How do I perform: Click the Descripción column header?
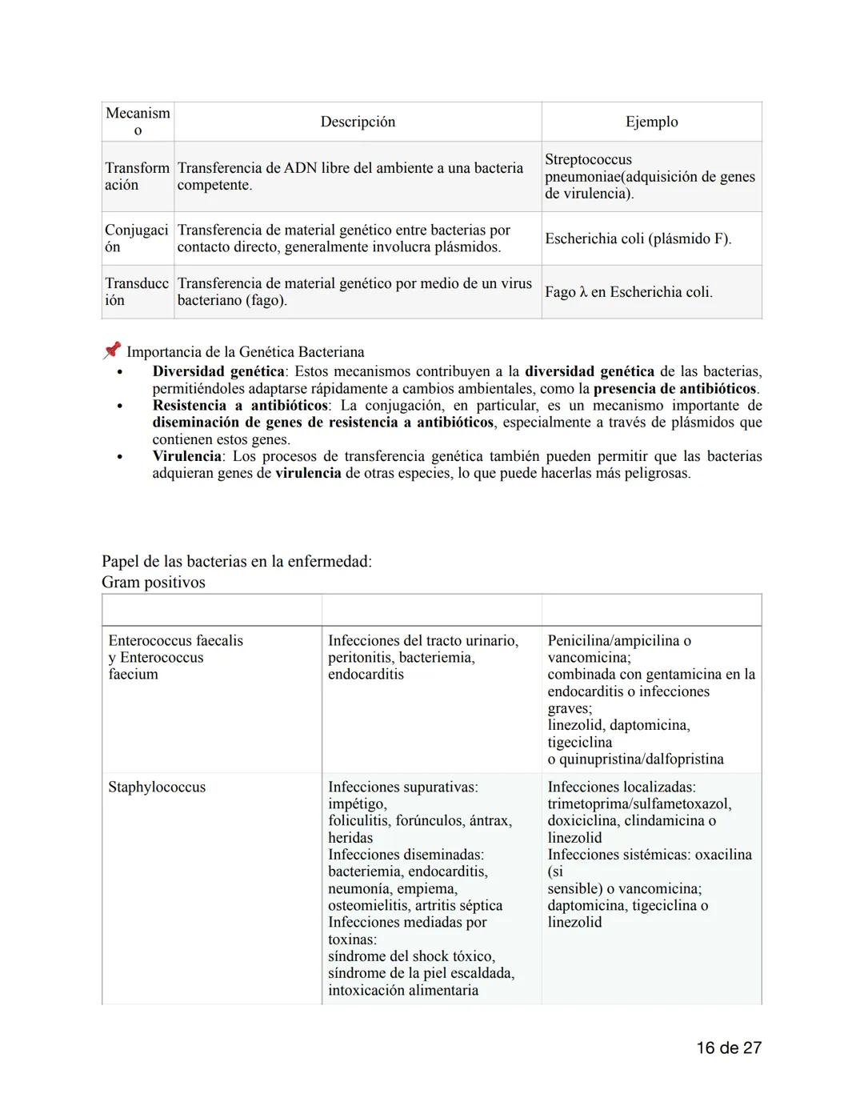(358, 122)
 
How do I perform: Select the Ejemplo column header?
(651, 122)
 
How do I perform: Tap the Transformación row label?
(137, 176)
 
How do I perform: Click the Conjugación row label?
(137, 238)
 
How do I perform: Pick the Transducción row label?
(137, 292)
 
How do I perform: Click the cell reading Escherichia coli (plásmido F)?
(638, 238)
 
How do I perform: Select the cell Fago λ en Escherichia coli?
(628, 292)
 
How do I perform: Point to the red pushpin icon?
(112, 351)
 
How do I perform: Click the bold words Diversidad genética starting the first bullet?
(218, 371)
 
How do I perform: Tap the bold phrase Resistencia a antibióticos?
(240, 405)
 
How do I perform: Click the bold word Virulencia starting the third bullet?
(186, 456)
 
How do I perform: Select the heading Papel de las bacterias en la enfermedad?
(236, 561)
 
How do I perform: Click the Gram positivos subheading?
(153, 583)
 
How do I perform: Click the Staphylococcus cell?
(157, 787)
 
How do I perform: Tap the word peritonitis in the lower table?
(359, 658)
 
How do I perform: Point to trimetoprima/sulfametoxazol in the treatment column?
(638, 804)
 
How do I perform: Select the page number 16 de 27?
(728, 1048)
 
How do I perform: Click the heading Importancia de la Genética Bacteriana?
(245, 352)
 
